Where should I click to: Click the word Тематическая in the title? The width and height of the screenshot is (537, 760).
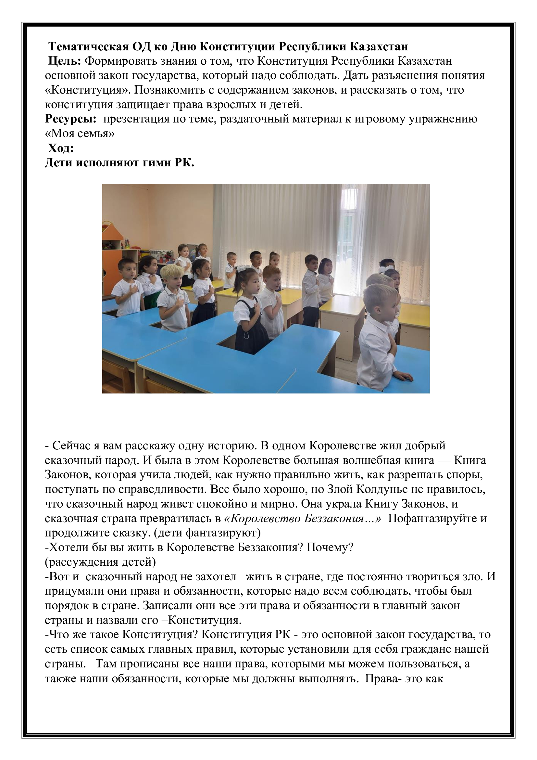(88, 47)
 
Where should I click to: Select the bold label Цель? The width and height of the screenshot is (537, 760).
(65, 61)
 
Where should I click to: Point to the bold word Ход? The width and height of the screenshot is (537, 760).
(61, 148)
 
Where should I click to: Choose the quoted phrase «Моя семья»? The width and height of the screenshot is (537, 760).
(80, 134)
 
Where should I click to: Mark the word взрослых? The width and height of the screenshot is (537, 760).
(231, 105)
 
